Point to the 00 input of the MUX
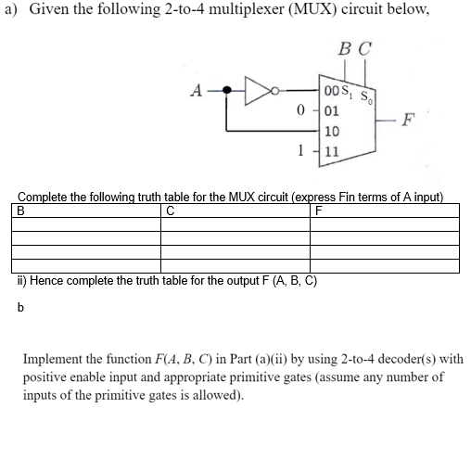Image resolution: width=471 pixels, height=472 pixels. (333, 90)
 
